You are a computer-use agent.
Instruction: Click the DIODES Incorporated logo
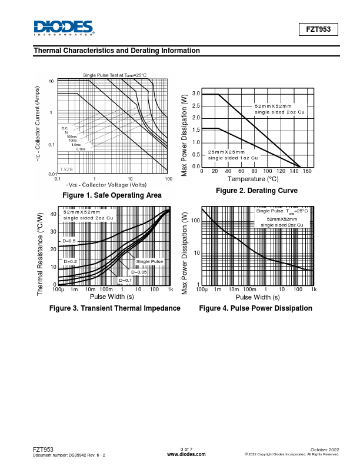click(x=63, y=28)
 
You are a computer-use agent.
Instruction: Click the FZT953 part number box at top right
click(x=319, y=29)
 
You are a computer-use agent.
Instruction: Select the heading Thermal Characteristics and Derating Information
click(x=117, y=51)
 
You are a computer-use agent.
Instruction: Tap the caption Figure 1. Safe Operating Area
click(x=112, y=195)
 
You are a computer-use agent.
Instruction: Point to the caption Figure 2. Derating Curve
click(x=256, y=191)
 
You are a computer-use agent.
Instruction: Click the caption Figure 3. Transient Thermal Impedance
click(x=115, y=308)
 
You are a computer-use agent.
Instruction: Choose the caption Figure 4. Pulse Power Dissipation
click(x=255, y=308)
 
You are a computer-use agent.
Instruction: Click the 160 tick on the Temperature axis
click(x=308, y=171)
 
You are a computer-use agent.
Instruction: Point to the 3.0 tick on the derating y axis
click(x=196, y=94)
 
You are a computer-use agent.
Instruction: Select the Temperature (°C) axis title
click(x=253, y=179)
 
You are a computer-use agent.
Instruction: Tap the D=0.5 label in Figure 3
click(x=69, y=241)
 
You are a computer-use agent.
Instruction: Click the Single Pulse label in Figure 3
click(x=149, y=261)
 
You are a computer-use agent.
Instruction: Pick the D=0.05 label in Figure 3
click(x=139, y=272)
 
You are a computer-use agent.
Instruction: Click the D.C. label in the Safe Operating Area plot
click(x=65, y=128)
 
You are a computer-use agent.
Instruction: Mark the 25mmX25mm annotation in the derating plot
click(x=226, y=152)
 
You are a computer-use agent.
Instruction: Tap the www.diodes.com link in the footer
click(x=186, y=455)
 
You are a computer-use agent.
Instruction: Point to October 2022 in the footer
click(x=324, y=450)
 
